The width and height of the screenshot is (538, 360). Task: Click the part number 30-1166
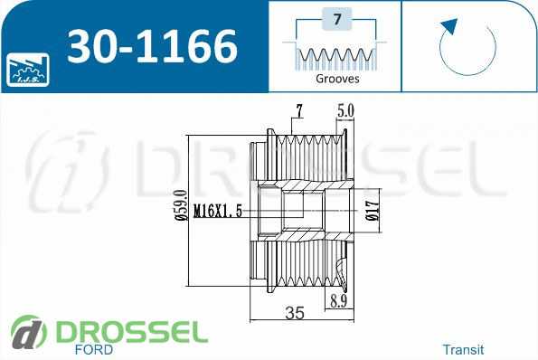coord(152,45)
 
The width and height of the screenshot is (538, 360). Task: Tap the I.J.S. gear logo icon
coord(28,70)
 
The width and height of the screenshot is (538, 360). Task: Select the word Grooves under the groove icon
coord(337,79)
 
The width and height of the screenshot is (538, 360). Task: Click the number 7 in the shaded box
coord(337,18)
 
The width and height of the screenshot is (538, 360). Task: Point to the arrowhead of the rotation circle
coord(449,26)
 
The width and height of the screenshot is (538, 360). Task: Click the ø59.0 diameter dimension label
coord(181,205)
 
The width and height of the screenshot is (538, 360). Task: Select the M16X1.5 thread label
coord(218,211)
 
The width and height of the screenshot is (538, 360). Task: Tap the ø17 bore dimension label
coord(373,211)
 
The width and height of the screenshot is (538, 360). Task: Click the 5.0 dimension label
coord(345,110)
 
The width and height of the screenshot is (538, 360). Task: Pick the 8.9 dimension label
coord(339,301)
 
